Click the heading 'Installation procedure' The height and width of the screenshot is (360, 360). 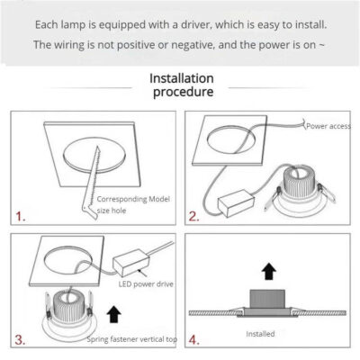tap(183, 85)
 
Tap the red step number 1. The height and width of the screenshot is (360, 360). tap(20, 217)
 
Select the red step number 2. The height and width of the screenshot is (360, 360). tap(193, 216)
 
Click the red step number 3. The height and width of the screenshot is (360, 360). tap(20, 339)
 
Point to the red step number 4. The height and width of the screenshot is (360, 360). tap(194, 339)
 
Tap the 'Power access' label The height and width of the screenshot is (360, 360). tap(327, 127)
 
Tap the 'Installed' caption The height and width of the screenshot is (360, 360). tap(260, 333)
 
